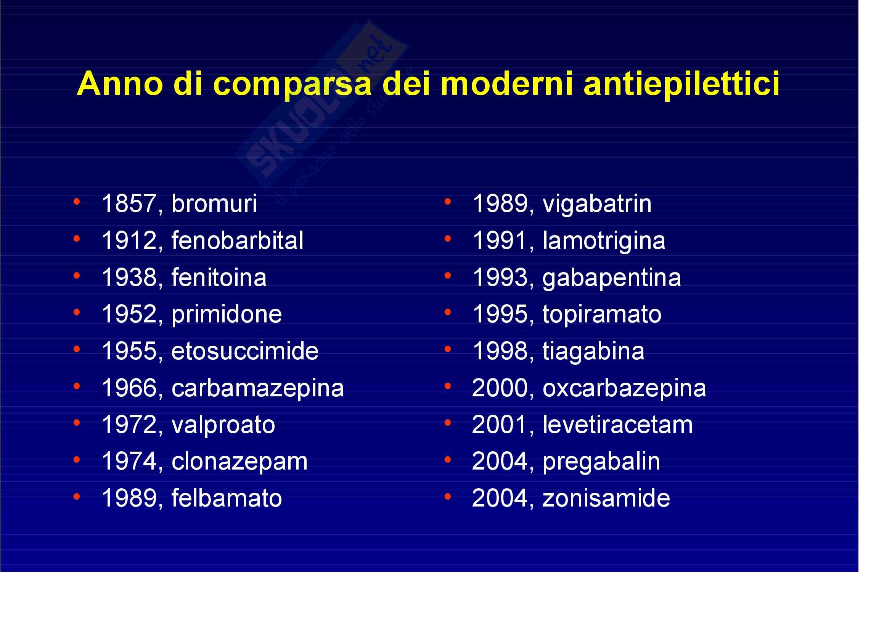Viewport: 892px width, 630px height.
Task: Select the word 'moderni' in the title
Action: click(506, 84)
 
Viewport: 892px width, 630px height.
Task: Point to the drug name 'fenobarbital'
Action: click(237, 240)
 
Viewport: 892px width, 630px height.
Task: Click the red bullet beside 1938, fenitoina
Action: click(77, 276)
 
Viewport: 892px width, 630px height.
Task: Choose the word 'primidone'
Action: click(227, 314)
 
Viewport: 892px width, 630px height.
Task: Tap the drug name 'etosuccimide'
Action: click(245, 351)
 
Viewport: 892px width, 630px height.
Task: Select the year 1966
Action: click(129, 388)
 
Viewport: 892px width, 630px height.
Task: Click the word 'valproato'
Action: click(223, 425)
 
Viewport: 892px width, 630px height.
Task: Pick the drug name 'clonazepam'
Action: click(239, 462)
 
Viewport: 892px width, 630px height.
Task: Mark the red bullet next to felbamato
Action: click(77, 497)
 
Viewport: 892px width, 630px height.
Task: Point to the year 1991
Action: click(499, 240)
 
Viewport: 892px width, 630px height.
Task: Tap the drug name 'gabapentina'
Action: click(611, 278)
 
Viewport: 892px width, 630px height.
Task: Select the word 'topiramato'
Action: click(602, 314)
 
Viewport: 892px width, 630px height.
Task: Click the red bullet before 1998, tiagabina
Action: click(448, 349)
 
